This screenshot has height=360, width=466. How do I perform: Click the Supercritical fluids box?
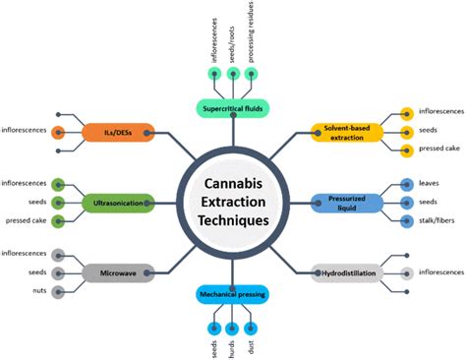[x=232, y=107]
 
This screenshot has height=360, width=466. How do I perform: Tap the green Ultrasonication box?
[x=117, y=202]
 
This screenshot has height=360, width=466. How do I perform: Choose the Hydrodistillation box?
[x=346, y=271]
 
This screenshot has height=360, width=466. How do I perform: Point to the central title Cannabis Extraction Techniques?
[x=232, y=202]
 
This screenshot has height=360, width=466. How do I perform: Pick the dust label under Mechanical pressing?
[x=254, y=345]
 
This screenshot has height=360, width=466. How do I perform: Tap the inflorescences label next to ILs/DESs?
[x=25, y=130]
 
